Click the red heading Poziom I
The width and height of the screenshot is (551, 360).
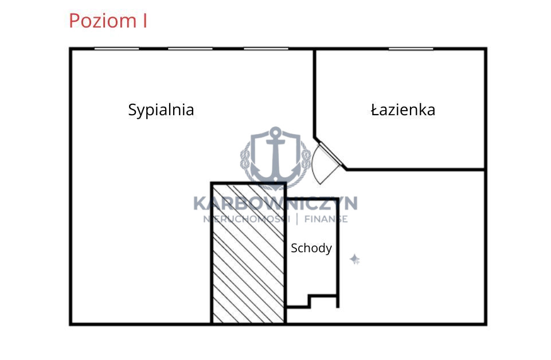[x=108, y=21]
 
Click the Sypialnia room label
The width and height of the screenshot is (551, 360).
[x=161, y=110]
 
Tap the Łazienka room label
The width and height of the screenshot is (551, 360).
[x=403, y=109]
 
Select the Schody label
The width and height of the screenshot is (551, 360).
[x=311, y=248]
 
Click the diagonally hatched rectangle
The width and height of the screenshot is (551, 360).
[x=248, y=253]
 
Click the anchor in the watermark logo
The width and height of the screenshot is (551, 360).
[x=275, y=155]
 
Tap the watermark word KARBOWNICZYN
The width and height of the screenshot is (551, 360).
[x=275, y=204]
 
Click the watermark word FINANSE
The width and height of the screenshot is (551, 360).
[x=326, y=219]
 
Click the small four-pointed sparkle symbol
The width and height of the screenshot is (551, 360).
[x=354, y=259]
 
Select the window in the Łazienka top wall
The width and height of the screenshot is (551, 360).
[x=411, y=49]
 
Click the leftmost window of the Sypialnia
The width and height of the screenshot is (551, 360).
[x=116, y=49]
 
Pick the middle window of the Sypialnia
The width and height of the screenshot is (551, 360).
[x=190, y=49]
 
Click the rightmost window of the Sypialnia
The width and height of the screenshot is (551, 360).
[x=266, y=49]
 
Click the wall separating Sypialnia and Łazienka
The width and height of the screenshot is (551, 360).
[x=315, y=93]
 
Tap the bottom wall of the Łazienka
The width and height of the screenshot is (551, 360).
[x=416, y=170]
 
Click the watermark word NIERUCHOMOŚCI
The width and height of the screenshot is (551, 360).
[x=247, y=219]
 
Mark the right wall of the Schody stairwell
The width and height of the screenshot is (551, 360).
[x=338, y=253]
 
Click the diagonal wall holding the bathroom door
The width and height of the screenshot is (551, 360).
[x=330, y=154]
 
